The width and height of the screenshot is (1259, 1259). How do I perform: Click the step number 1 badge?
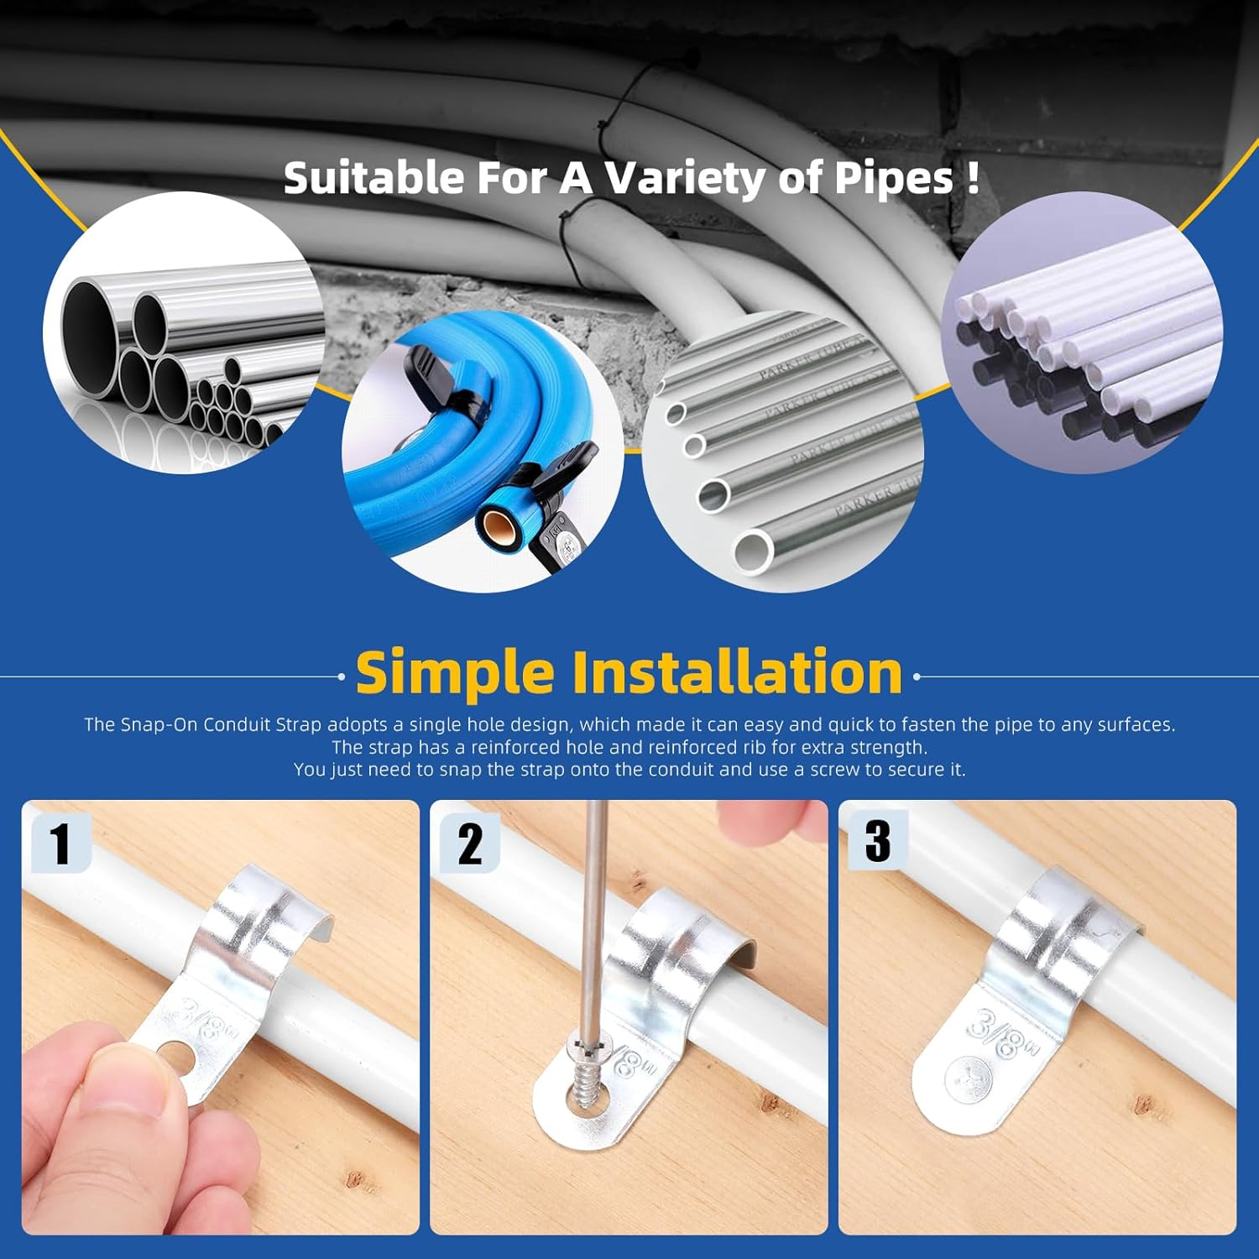[60, 843]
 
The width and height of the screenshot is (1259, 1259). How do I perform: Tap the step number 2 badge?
[469, 844]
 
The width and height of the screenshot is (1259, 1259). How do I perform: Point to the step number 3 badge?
[877, 840]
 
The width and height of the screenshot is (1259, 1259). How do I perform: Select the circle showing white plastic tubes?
[1083, 332]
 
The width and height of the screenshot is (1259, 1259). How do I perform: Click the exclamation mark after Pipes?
[972, 179]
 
